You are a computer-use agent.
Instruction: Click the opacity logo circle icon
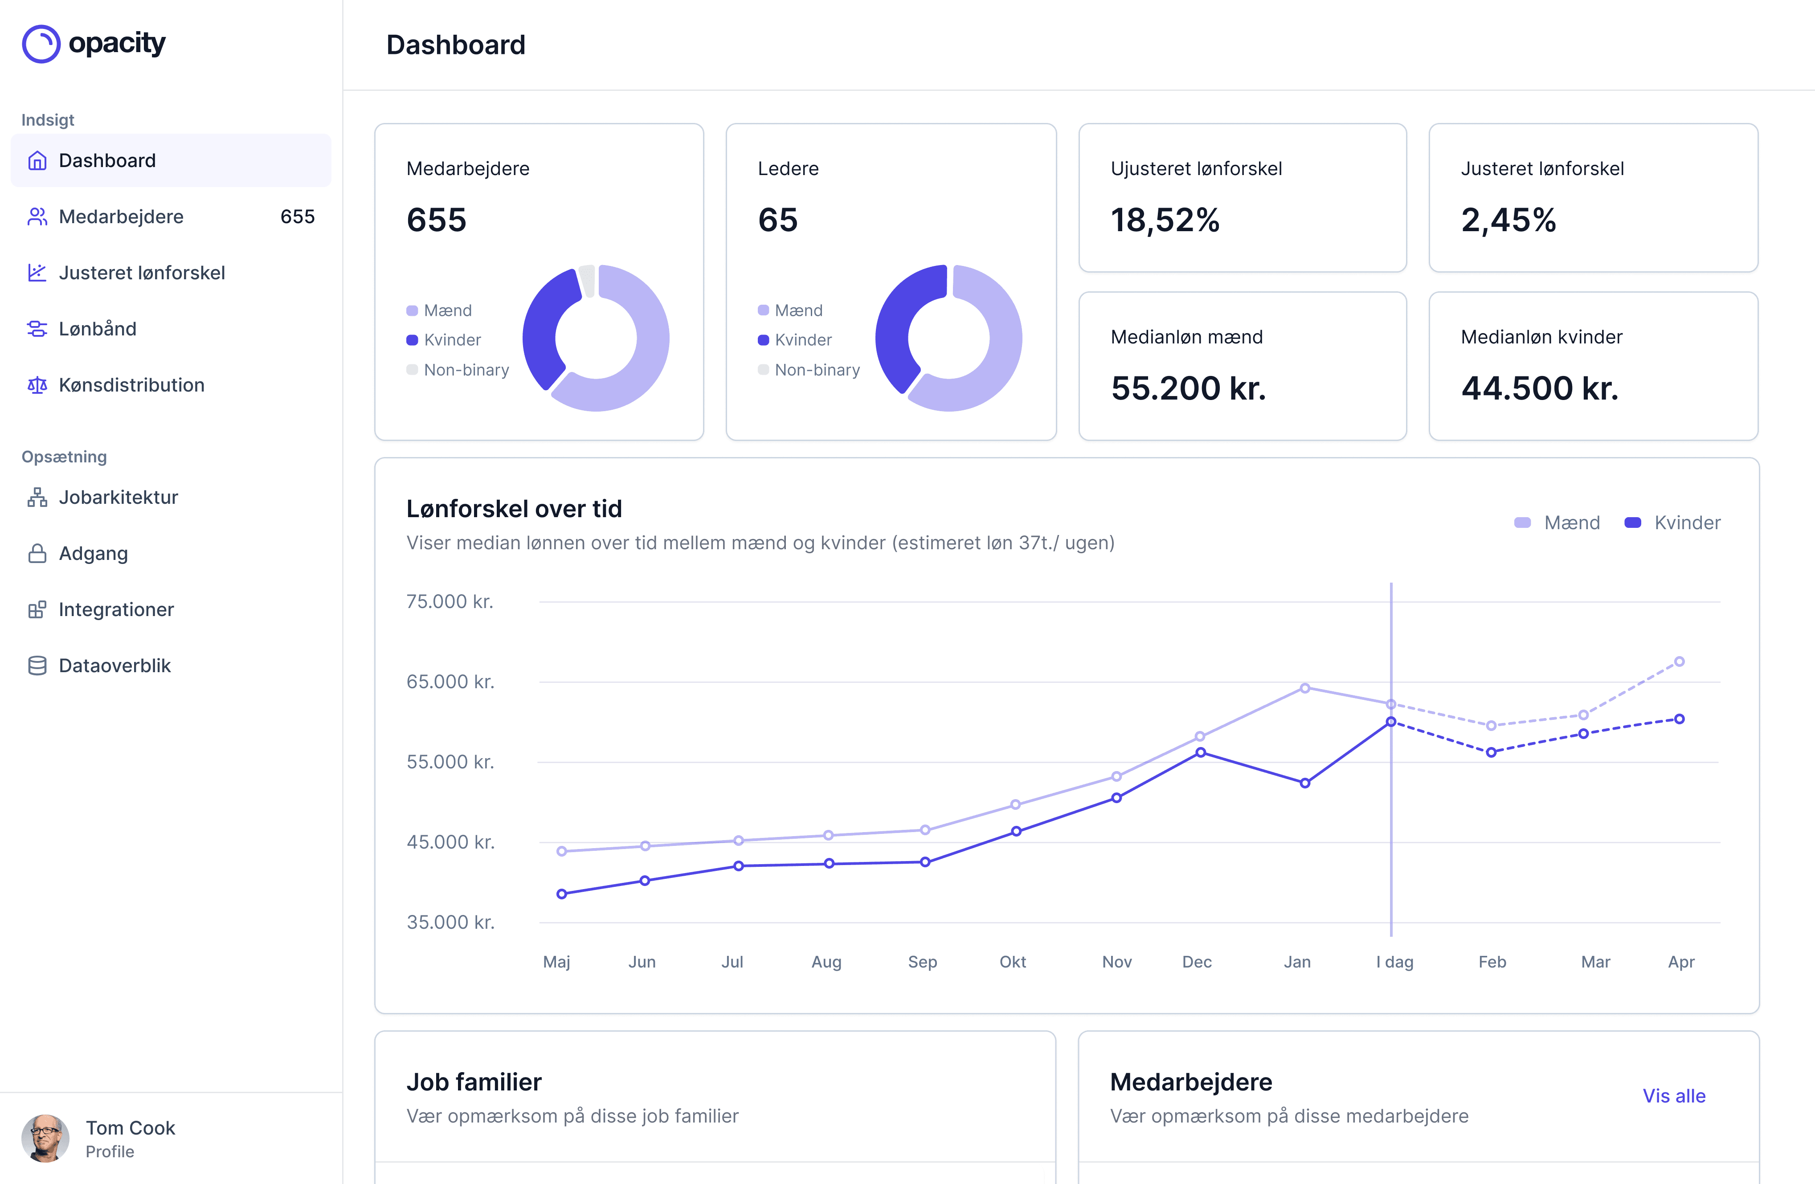[41, 44]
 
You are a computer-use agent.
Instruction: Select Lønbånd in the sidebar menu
[98, 329]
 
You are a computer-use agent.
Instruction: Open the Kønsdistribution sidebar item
[131, 385]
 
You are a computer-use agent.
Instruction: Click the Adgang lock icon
[37, 554]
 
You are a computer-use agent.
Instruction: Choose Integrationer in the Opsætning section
[116, 609]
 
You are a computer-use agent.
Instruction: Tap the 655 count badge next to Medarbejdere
[297, 216]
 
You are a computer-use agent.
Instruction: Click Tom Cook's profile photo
[45, 1138]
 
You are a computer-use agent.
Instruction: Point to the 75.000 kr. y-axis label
[449, 601]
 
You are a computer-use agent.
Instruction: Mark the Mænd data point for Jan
[1305, 688]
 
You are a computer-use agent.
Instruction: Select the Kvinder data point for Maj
[561, 894]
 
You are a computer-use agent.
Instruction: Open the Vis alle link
[1673, 1095]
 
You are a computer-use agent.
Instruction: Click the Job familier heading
[474, 1082]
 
